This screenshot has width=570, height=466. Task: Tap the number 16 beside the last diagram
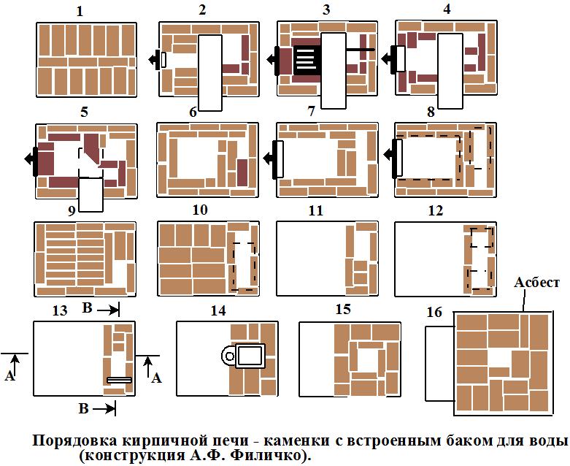click(x=435, y=312)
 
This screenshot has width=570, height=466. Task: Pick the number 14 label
click(x=218, y=310)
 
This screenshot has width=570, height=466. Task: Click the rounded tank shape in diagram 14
click(x=247, y=356)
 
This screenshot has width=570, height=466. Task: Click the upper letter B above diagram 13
click(x=87, y=309)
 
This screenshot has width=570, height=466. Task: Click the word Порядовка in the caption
click(x=76, y=441)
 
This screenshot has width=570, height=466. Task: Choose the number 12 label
click(x=436, y=211)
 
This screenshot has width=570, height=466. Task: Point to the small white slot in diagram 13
click(x=119, y=380)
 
